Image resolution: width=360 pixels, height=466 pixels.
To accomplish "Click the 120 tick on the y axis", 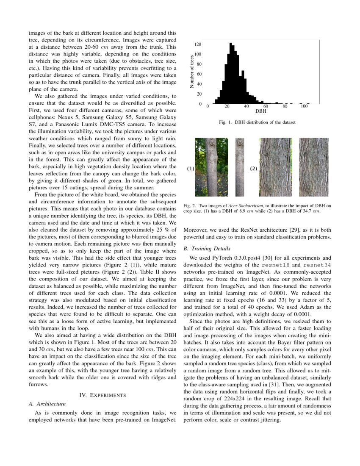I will [198, 44].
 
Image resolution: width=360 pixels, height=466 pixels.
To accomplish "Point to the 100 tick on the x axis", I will [304, 106].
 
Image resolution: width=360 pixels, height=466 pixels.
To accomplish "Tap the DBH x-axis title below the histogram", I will [256, 112].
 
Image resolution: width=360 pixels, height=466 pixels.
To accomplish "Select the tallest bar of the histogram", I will [231, 72].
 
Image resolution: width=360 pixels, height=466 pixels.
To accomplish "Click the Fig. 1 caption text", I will [257, 122].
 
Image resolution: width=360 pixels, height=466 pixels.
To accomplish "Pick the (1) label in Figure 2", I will [191, 169].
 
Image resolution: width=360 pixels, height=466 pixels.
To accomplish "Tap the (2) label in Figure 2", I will [253, 169].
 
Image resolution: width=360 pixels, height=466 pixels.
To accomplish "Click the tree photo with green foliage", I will [211, 167].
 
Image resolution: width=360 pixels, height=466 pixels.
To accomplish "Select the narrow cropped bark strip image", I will [240, 167].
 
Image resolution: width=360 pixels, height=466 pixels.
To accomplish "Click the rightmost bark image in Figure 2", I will [313, 167].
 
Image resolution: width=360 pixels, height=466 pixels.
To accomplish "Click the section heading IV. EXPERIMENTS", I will [102, 395].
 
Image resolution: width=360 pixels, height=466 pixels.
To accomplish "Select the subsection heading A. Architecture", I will [47, 404].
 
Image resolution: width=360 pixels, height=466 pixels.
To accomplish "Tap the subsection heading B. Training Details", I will [208, 248].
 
